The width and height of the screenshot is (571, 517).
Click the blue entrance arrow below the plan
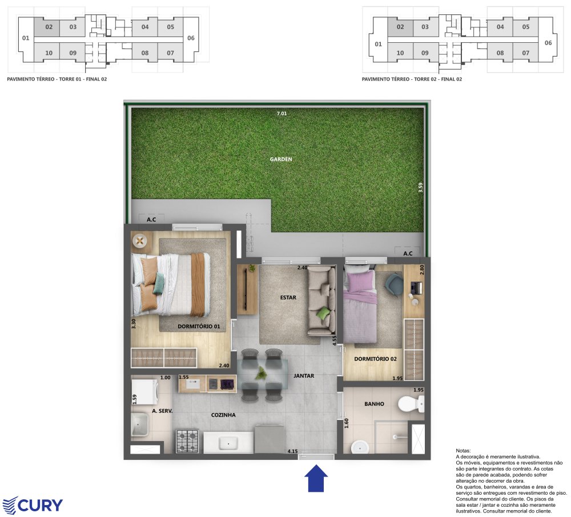(x=316, y=478)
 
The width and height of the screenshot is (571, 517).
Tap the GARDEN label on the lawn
(x=281, y=159)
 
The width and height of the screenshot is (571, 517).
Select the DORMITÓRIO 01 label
(x=199, y=326)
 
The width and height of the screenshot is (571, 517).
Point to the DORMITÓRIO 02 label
(x=376, y=359)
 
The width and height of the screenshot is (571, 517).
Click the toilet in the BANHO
(x=411, y=403)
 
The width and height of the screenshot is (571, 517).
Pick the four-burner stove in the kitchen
(x=187, y=441)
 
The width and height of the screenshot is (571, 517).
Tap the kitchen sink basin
(x=228, y=443)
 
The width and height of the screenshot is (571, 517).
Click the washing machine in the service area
(x=144, y=393)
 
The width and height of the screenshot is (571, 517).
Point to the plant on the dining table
(x=261, y=373)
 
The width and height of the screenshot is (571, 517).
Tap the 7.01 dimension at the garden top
(x=282, y=114)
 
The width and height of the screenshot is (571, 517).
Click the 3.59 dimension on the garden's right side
(x=421, y=187)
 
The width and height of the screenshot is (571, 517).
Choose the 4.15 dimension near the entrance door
(x=292, y=451)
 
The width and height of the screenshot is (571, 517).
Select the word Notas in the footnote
(x=463, y=451)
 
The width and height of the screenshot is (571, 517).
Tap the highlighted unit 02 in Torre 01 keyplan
(x=49, y=27)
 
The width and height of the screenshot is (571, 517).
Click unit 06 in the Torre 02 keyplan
(x=548, y=43)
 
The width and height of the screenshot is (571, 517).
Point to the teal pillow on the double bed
(x=158, y=284)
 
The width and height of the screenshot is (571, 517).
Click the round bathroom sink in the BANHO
(x=360, y=447)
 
